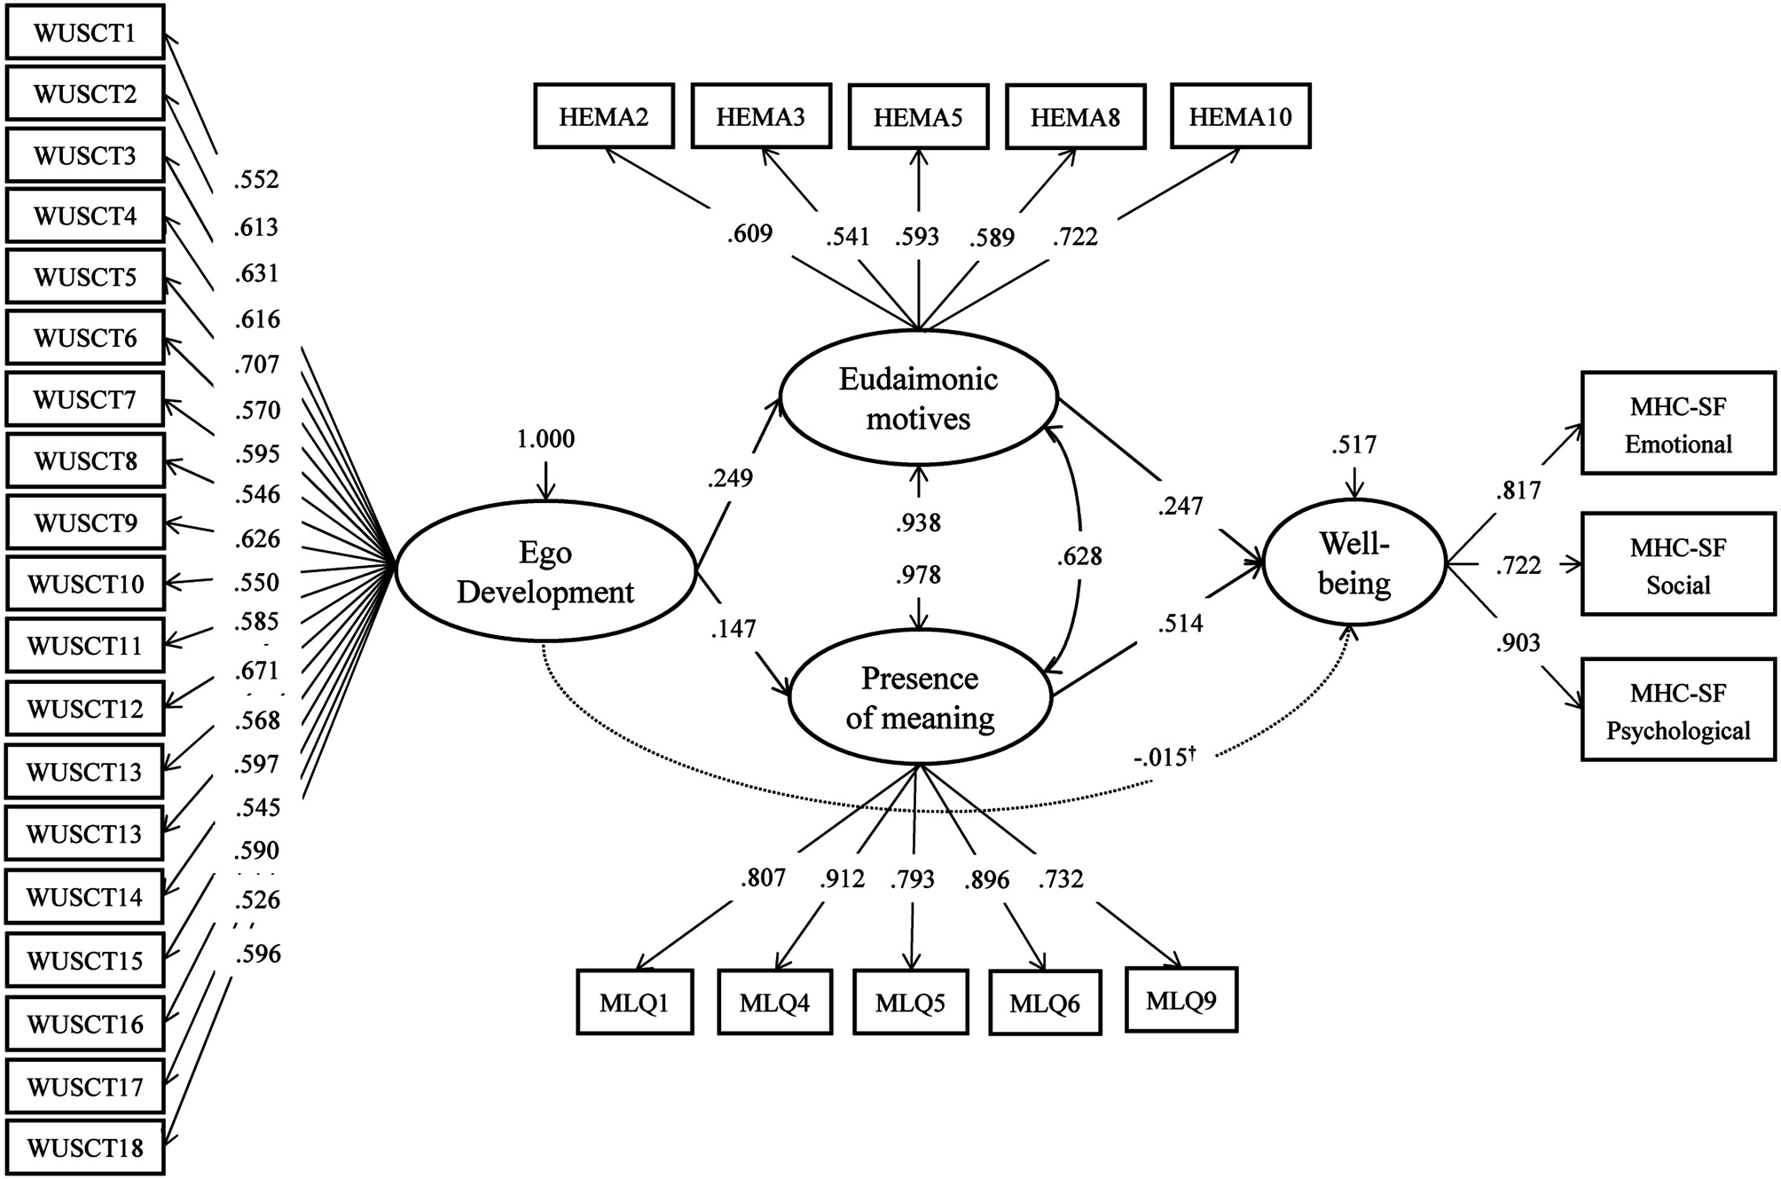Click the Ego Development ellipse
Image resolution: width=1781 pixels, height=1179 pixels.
click(x=545, y=572)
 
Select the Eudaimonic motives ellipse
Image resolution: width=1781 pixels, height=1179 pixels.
click(x=918, y=398)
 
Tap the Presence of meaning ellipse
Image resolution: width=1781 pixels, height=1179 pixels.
click(x=920, y=697)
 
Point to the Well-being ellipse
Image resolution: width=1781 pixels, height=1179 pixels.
click(x=1353, y=563)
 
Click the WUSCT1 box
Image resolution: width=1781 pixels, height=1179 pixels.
click(x=85, y=33)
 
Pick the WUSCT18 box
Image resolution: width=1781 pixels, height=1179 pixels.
click(x=85, y=1148)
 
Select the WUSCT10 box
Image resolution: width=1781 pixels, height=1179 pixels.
click(x=85, y=584)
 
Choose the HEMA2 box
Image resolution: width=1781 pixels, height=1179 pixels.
click(x=603, y=116)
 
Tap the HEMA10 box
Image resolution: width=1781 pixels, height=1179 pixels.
click(x=1240, y=116)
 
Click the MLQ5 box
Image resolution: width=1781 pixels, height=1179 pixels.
click(x=910, y=1003)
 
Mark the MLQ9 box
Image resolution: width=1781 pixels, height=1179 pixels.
click(x=1181, y=1001)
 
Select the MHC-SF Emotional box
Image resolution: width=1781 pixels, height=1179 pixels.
click(x=1678, y=425)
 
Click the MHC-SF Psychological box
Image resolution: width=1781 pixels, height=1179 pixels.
click(x=1678, y=711)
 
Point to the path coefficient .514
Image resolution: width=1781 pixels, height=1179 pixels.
click(x=1180, y=624)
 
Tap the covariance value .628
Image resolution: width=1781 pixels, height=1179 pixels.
click(x=1079, y=556)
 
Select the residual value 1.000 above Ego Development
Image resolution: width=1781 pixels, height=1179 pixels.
click(x=545, y=439)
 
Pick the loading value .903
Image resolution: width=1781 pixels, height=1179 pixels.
click(x=1518, y=642)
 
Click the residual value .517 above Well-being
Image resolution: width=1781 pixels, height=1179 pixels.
click(x=1353, y=444)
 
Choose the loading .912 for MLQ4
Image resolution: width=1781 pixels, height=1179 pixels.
click(x=842, y=878)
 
